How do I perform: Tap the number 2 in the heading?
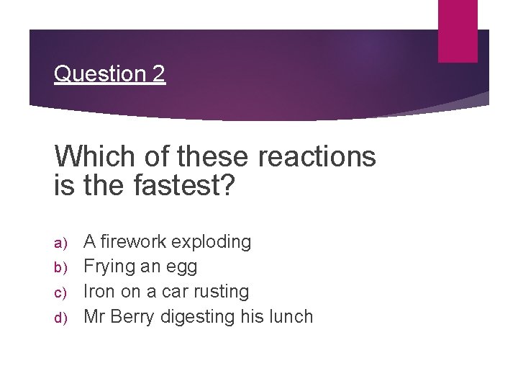pos(158,73)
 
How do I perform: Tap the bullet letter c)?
pos(60,292)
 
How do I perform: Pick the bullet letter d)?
pos(60,318)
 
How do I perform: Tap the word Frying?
pos(105,267)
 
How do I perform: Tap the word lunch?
pos(291,316)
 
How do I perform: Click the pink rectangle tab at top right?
pos(458,30)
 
